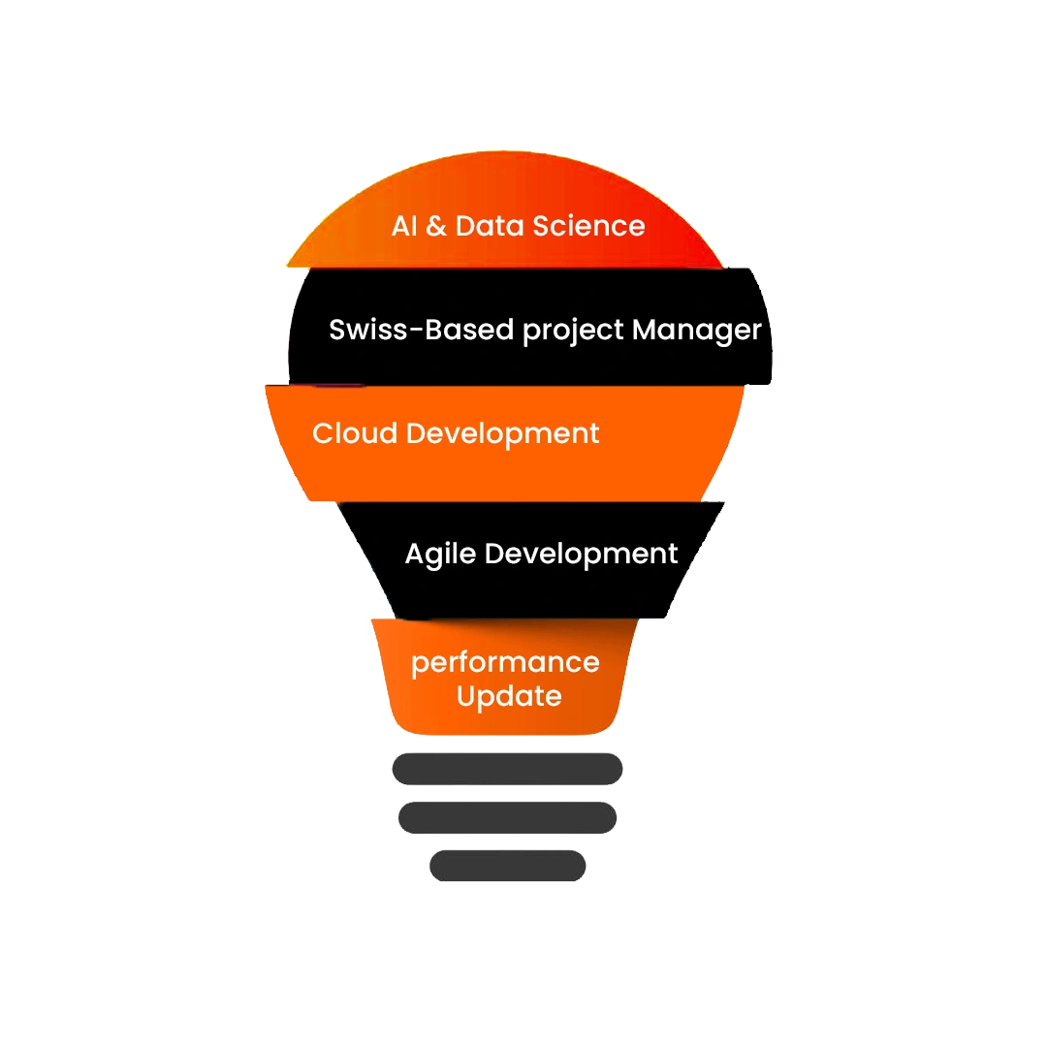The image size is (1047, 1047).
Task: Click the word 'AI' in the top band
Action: pos(404,226)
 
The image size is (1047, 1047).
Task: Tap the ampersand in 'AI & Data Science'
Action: pos(436,226)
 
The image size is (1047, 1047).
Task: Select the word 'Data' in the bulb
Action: pos(491,226)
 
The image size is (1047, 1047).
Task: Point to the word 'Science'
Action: pos(589,226)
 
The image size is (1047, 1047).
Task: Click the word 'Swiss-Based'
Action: pos(422,330)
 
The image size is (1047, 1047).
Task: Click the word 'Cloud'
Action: pos(355,433)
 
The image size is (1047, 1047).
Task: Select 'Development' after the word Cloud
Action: pos(503,434)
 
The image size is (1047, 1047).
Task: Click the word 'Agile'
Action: pos(441,555)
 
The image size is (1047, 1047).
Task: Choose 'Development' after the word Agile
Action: pos(581,555)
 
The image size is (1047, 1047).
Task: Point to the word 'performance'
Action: pos(505,664)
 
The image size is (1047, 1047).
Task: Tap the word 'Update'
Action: pos(509,697)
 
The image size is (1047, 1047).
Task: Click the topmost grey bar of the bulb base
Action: pos(507,769)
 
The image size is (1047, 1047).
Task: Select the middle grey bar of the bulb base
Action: pos(507,817)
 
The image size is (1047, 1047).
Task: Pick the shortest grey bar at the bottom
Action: pos(507,866)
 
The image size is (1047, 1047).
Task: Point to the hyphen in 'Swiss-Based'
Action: pos(417,330)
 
